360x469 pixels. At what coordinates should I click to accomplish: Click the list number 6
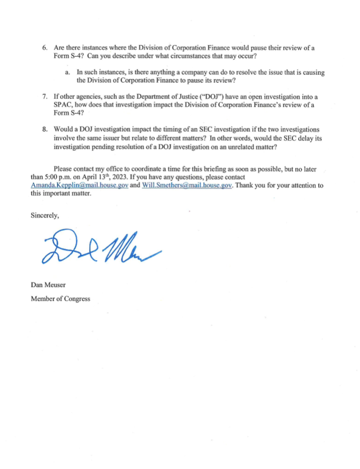[x=44, y=48]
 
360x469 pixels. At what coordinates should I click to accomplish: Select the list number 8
[x=44, y=130]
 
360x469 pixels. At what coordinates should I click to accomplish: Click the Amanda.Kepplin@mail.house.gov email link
[x=79, y=186]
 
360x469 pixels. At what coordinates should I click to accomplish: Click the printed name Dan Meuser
[x=48, y=286]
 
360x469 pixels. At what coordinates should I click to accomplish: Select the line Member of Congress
[x=60, y=298]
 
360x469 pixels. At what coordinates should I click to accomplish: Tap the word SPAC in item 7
[x=63, y=105]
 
